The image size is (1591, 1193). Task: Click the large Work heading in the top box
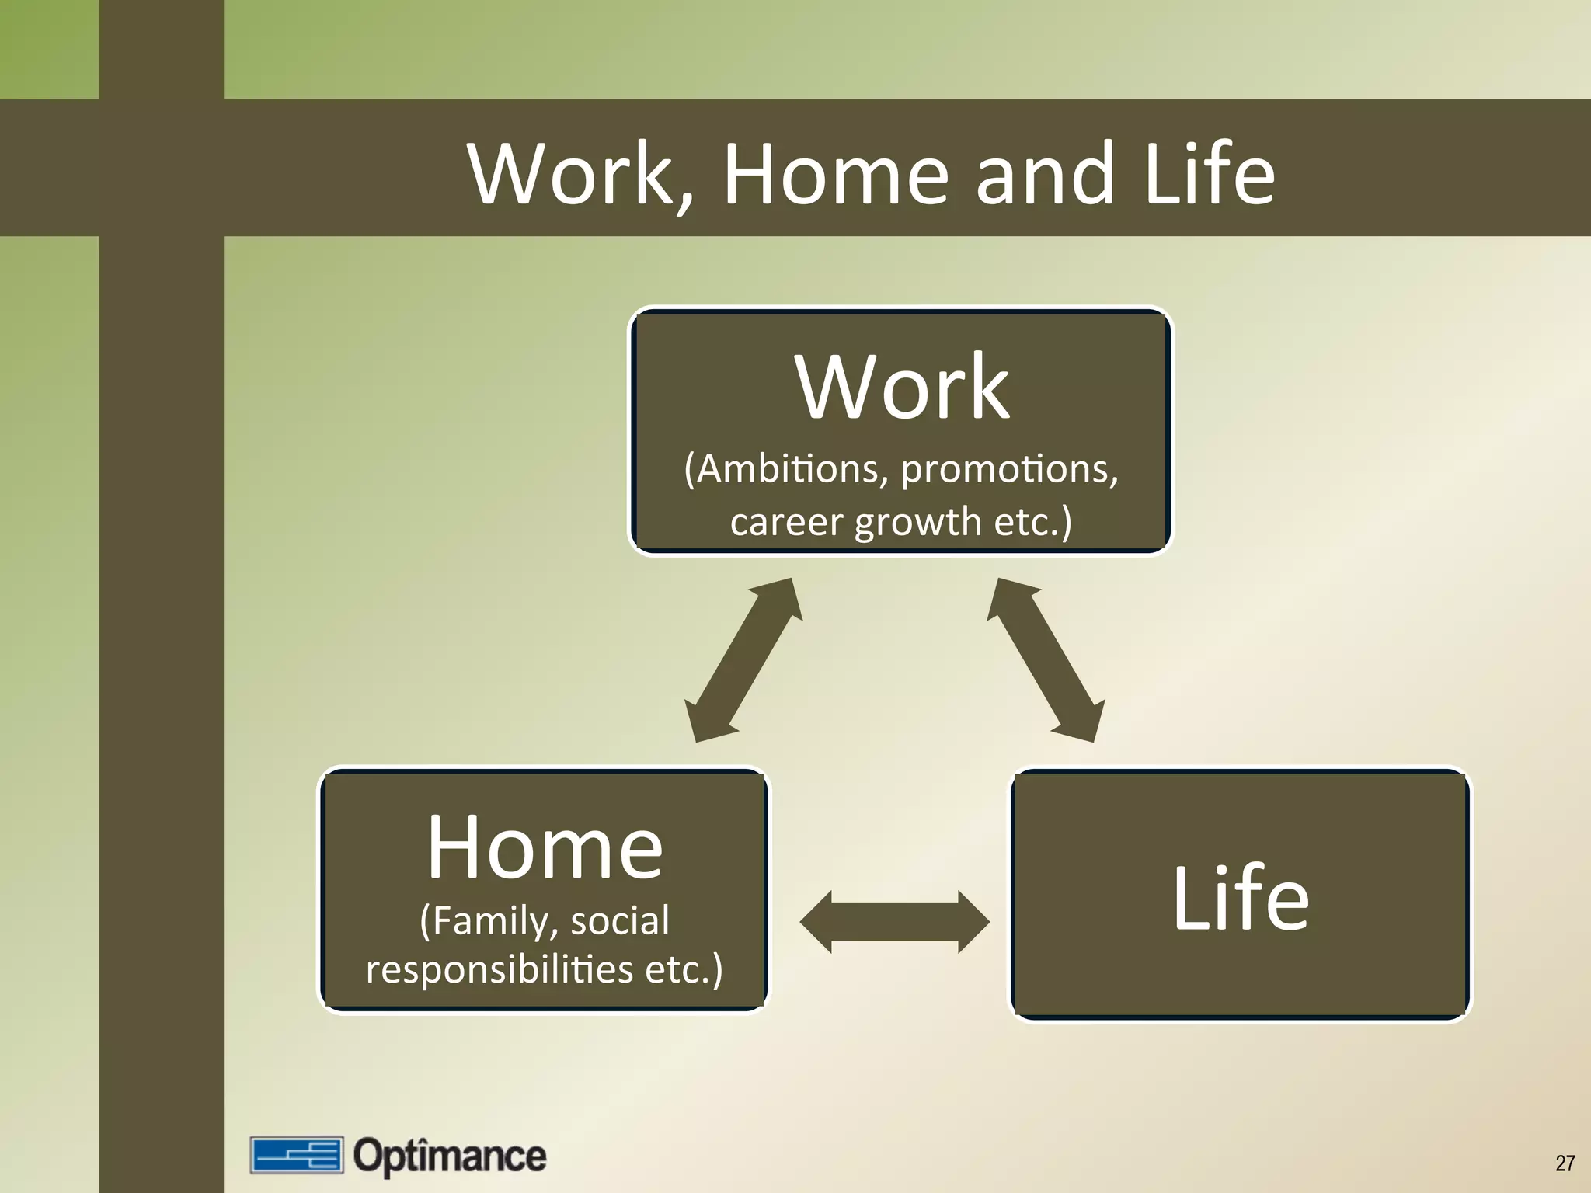tap(901, 387)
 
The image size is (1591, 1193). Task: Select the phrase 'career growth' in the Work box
tap(855, 522)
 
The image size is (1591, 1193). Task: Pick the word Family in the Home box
tap(489, 921)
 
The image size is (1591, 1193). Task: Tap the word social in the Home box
tap(619, 921)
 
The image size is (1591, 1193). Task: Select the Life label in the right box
tap(1240, 898)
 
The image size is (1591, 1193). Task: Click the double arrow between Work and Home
tap(743, 660)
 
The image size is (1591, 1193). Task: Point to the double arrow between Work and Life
tap(1046, 660)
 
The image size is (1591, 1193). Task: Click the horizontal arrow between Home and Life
tap(894, 922)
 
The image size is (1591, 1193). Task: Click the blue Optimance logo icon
tap(296, 1155)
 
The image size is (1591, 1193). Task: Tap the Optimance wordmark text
tap(450, 1156)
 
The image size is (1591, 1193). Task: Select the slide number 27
tap(1565, 1163)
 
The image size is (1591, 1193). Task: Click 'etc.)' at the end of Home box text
tap(684, 969)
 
